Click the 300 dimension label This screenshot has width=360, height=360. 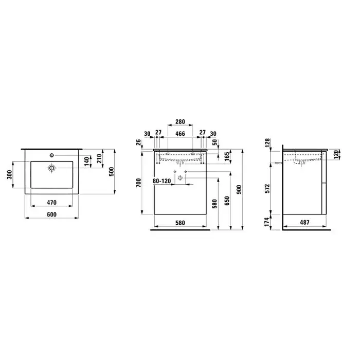tap(9, 175)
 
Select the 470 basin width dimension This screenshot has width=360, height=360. tap(51, 203)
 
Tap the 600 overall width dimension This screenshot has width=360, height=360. tap(51, 214)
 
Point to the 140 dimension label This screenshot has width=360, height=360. tap(86, 161)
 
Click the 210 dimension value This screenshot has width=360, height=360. tap(99, 158)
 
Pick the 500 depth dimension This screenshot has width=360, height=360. tap(111, 171)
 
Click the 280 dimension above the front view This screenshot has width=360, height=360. tap(180, 122)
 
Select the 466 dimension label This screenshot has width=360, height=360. tap(180, 134)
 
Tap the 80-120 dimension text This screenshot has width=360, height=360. tap(162, 181)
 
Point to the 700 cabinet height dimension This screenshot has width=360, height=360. tap(139, 183)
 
